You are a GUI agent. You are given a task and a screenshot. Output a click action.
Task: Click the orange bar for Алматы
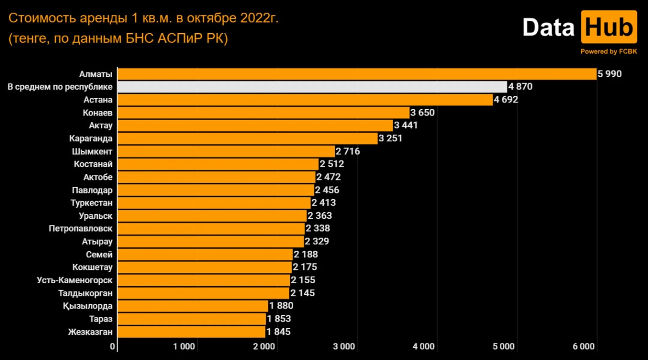(357, 74)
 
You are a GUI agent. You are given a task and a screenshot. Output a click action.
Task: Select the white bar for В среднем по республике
(312, 87)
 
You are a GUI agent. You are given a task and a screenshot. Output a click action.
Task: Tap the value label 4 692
(506, 100)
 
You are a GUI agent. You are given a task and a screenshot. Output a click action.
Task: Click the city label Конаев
(97, 113)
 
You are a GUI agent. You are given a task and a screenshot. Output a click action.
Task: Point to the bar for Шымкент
(226, 151)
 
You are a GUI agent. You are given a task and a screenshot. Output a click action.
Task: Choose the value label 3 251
(390, 138)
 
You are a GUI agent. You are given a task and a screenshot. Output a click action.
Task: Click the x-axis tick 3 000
(344, 346)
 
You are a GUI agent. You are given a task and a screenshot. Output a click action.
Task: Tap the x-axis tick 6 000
(583, 346)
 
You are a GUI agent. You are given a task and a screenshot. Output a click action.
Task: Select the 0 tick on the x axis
(112, 346)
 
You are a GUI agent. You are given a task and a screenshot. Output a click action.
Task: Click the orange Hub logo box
(609, 27)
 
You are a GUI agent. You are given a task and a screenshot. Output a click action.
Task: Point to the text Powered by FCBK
(608, 52)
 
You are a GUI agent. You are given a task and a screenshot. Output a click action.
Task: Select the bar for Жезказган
(191, 332)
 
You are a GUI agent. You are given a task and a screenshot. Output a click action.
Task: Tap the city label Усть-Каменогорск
(74, 280)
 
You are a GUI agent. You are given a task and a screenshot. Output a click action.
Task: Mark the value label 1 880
(281, 306)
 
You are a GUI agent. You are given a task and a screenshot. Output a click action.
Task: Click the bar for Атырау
(211, 241)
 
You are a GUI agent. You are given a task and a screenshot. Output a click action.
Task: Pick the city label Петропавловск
(80, 229)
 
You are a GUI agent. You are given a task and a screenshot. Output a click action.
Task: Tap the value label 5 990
(609, 74)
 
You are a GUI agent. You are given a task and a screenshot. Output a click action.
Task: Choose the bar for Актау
(255, 126)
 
